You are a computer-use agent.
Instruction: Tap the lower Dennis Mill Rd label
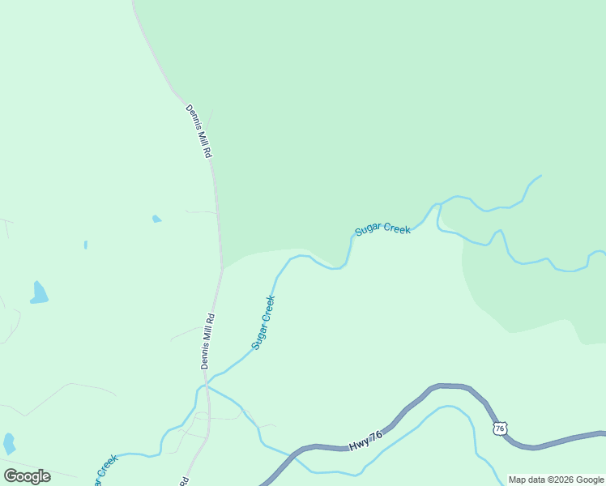[207, 341]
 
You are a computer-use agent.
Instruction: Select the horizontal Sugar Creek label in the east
[382, 230]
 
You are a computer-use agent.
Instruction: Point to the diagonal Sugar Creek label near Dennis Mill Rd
[263, 322]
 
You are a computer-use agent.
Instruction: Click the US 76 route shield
[500, 428]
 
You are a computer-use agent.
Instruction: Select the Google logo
[27, 476]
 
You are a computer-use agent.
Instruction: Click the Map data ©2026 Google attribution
[557, 480]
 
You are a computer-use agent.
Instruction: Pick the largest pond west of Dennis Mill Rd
[38, 293]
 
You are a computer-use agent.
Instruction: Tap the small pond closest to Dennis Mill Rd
[156, 219]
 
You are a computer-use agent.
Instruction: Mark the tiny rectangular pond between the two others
[85, 245]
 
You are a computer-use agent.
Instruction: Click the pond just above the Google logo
[9, 443]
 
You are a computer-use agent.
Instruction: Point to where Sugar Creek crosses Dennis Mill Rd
[207, 386]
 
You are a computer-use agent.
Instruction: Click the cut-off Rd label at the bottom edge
[184, 480]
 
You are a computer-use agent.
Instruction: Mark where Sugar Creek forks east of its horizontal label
[438, 207]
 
